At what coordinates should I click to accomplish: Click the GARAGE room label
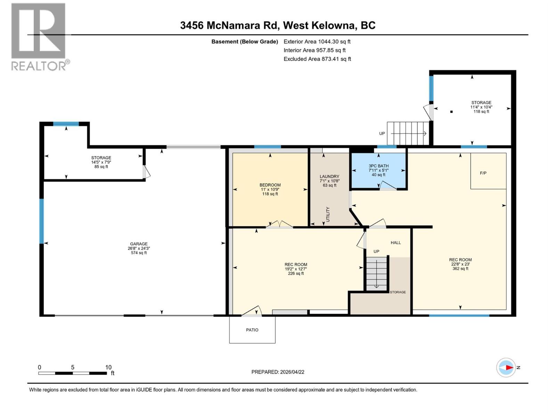(139, 244)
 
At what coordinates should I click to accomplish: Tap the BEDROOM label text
(270, 185)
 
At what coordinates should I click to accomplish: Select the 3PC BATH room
(378, 170)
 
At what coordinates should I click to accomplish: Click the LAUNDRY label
(329, 177)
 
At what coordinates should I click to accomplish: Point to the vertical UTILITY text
(328, 214)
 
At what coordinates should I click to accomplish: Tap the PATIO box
(252, 330)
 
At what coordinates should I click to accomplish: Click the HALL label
(395, 243)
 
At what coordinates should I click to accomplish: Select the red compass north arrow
(509, 367)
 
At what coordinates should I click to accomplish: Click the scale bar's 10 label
(108, 367)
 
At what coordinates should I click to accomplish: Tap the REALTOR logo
(39, 36)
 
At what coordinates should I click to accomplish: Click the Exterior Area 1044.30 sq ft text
(317, 42)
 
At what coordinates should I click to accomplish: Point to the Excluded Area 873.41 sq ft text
(317, 59)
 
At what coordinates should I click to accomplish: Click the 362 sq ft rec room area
(460, 269)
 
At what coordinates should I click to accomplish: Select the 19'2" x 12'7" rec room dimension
(296, 269)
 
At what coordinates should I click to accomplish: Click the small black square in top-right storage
(451, 112)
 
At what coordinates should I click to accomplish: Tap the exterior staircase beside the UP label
(408, 133)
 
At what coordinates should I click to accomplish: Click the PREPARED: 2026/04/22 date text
(278, 372)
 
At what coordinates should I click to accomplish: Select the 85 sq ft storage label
(101, 167)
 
